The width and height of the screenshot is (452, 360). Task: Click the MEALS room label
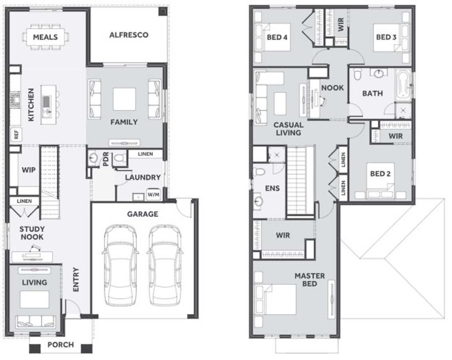[45, 37]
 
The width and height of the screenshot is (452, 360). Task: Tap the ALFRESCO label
[129, 35]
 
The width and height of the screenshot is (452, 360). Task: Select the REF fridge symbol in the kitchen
[16, 134]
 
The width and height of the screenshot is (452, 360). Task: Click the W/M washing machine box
[153, 195]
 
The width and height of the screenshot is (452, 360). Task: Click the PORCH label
[60, 344]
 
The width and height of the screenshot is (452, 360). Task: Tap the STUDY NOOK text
[32, 233]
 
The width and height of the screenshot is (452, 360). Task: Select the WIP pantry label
[28, 170]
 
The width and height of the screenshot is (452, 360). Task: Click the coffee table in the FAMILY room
[124, 99]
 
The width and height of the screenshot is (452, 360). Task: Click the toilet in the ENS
[259, 172]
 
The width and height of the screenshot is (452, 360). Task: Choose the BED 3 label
[386, 37]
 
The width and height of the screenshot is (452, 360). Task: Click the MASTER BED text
[309, 280]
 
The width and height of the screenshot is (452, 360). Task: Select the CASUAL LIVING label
[288, 128]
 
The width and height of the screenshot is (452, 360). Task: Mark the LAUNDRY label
[143, 177]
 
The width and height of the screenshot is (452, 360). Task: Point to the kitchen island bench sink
[47, 101]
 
